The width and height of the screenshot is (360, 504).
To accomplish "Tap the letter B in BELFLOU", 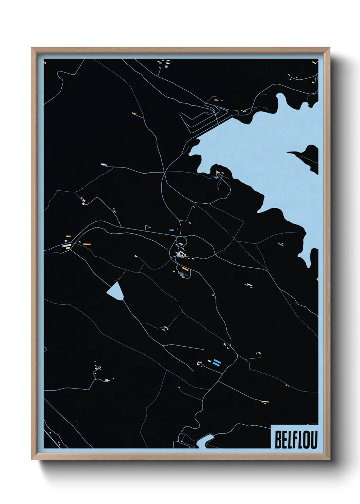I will pyautogui.click(x=278, y=440).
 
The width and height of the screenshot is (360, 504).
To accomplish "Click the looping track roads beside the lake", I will pyautogui.click(x=201, y=119).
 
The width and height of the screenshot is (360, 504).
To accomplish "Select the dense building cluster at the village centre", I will pyautogui.click(x=181, y=254).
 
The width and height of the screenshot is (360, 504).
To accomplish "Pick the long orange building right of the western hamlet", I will pyautogui.click(x=86, y=244).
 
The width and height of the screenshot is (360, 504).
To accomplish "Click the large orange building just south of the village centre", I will pyautogui.click(x=184, y=269).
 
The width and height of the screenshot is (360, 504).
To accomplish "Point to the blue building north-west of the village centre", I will pyautogui.click(x=171, y=230).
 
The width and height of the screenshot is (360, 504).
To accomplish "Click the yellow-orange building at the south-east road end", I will pyautogui.click(x=265, y=402).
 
